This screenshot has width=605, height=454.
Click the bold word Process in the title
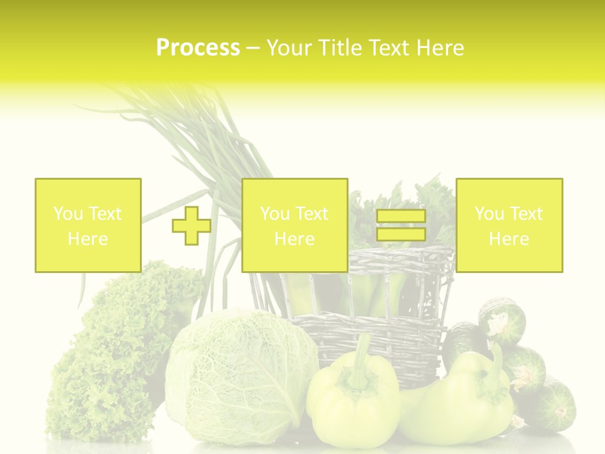point(198,48)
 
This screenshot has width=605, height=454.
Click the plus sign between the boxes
point(192,225)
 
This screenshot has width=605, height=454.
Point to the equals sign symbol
point(401,225)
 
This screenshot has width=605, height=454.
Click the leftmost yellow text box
point(88,225)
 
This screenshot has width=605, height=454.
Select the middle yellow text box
point(294,225)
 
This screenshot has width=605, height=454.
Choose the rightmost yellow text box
point(509,225)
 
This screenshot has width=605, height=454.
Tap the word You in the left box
point(67,214)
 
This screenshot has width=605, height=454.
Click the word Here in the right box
point(509,238)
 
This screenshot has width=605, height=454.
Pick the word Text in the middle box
point(311,214)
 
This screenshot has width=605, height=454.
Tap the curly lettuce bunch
point(113,353)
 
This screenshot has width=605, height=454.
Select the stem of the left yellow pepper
point(361,359)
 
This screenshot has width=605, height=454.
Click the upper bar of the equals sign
point(401,216)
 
